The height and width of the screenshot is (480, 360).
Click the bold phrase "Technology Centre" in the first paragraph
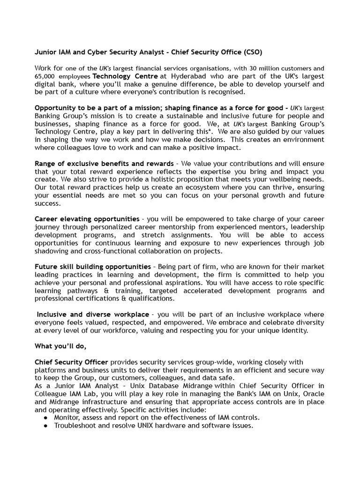pos(125,76)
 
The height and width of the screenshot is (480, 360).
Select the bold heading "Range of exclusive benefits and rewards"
pos(103,164)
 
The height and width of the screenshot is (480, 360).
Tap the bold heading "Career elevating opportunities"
pos(87,219)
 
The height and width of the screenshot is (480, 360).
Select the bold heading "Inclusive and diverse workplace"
pos(93,314)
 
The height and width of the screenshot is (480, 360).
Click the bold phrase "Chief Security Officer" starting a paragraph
pos(71,362)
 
